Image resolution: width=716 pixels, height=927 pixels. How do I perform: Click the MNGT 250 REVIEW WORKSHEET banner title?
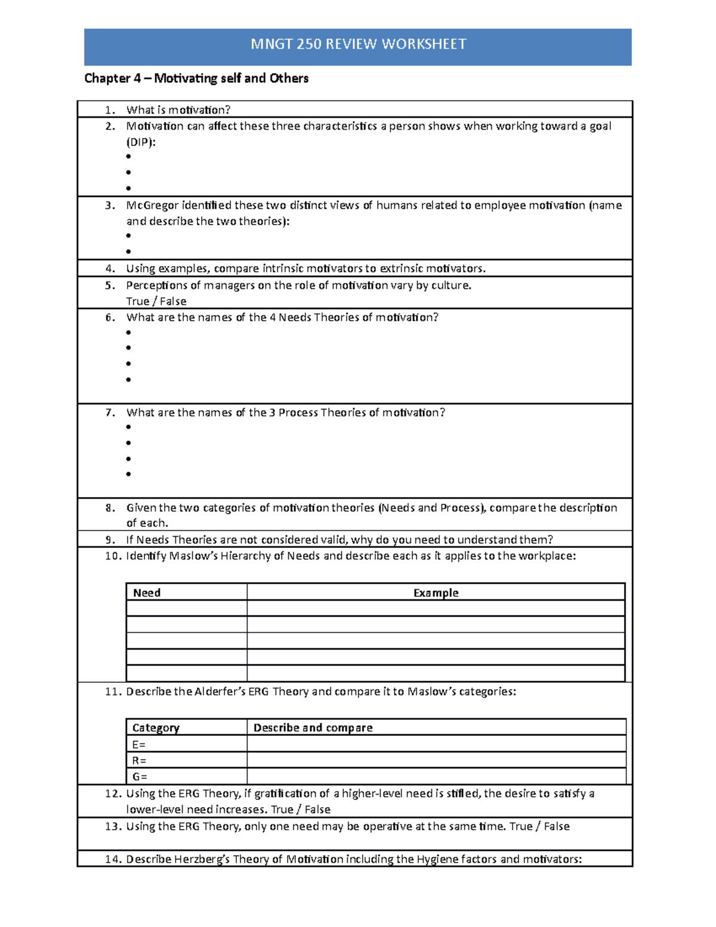click(358, 44)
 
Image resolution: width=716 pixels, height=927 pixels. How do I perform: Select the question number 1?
click(109, 110)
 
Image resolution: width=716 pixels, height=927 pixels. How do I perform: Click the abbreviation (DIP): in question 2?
click(141, 142)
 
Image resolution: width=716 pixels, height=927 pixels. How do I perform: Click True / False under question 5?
click(156, 301)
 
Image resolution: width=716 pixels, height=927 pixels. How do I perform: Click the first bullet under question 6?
click(128, 332)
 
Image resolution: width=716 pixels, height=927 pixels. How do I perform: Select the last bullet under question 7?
click(128, 474)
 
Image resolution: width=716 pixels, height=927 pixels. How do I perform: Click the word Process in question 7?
click(298, 412)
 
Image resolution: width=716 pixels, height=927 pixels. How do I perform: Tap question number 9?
click(110, 540)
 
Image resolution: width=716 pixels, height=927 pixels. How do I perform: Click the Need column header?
click(147, 593)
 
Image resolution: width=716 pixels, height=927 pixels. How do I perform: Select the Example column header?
click(436, 593)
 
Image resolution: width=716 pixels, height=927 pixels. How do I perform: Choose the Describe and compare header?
click(313, 728)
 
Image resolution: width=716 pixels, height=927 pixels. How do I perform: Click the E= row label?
click(139, 744)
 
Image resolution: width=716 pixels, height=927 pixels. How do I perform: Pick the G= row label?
click(140, 777)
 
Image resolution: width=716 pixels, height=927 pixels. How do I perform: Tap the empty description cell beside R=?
click(436, 760)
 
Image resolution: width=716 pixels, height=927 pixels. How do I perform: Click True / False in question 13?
click(539, 826)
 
